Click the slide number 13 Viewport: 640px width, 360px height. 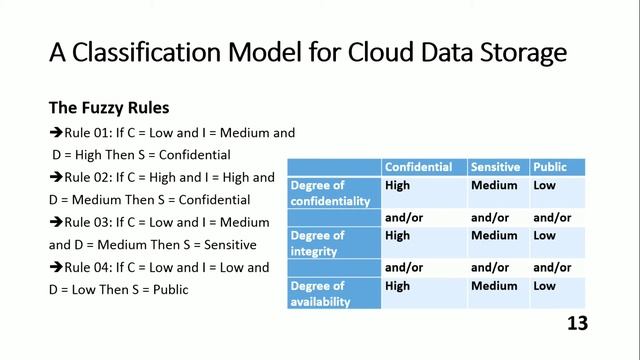[x=576, y=323]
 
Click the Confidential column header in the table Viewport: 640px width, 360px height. [x=418, y=167]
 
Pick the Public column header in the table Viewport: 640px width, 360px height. [x=550, y=167]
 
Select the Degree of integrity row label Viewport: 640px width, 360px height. [x=318, y=243]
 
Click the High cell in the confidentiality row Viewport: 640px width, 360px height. [x=397, y=185]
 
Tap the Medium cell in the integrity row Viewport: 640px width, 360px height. [x=494, y=236]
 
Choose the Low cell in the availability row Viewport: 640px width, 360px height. [x=544, y=286]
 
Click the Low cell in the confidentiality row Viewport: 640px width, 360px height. [x=544, y=185]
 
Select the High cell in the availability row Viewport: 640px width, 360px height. [x=397, y=286]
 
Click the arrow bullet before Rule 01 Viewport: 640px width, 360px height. [x=56, y=132]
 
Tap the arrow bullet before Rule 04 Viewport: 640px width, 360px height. [x=56, y=267]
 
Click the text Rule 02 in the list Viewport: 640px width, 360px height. [x=87, y=177]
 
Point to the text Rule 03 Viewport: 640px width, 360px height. [x=87, y=222]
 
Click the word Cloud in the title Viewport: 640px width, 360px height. [x=386, y=52]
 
